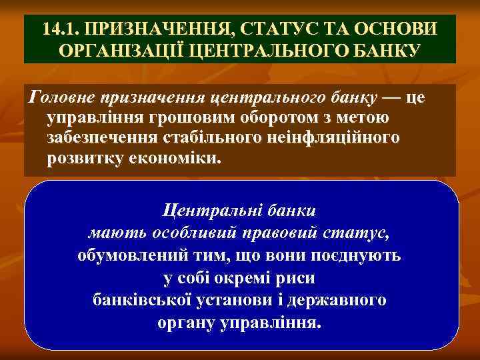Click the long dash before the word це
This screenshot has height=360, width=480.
(391, 97)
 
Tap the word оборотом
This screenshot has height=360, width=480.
(264, 118)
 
